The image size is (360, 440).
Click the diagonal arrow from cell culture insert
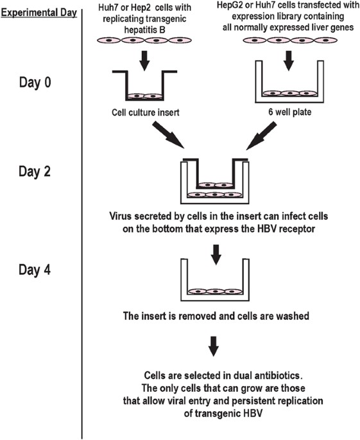click(x=171, y=139)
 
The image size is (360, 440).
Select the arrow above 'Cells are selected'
click(x=215, y=345)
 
